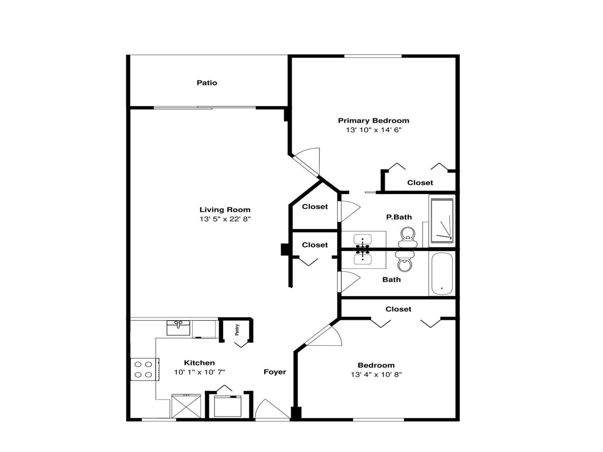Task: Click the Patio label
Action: click(x=207, y=83)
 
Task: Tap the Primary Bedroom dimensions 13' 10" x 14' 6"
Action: click(x=374, y=130)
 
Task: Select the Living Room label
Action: click(x=225, y=210)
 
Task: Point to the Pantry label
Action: click(x=237, y=330)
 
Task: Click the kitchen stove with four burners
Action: click(x=145, y=369)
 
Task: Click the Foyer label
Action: click(x=275, y=372)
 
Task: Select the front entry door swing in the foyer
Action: click(x=272, y=409)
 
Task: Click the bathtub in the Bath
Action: click(x=442, y=274)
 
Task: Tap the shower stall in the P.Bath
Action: click(x=442, y=221)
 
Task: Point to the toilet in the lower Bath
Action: click(x=405, y=262)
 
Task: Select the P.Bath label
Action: click(x=399, y=217)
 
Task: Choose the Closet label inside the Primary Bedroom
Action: click(x=420, y=183)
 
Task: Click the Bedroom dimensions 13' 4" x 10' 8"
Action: click(x=376, y=375)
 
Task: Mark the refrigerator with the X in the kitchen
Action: click(x=186, y=406)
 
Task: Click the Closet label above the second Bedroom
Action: click(x=398, y=309)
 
